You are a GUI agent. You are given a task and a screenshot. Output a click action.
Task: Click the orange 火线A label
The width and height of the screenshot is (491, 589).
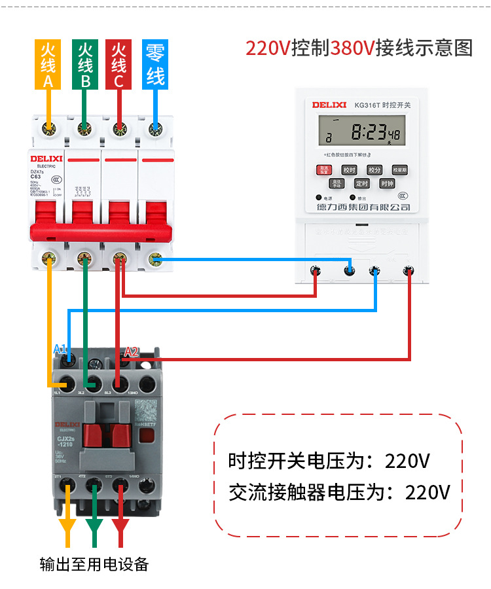48,65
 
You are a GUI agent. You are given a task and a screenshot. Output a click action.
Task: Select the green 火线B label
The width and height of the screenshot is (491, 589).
84,65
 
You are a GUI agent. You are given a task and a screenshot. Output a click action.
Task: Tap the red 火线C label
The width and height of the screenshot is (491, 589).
118,65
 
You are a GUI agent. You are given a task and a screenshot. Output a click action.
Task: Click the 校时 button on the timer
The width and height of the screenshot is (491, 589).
348,170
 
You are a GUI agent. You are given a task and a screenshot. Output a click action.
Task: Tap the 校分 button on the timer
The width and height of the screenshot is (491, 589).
374,170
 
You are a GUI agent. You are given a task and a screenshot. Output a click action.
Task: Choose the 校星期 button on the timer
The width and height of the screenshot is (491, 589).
399,170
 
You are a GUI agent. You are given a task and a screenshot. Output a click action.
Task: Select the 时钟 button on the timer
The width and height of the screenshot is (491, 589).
386,184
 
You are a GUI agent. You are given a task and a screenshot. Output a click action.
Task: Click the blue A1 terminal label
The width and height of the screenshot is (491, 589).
60,349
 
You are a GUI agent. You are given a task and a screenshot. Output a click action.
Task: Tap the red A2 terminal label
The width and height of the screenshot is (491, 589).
132,351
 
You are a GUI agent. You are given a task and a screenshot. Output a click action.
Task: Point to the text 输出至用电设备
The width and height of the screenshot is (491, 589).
94,564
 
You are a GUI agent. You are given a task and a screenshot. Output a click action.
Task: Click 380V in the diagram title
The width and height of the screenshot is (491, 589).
353,48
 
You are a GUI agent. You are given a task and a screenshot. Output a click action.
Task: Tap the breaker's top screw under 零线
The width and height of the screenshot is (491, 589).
155,128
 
